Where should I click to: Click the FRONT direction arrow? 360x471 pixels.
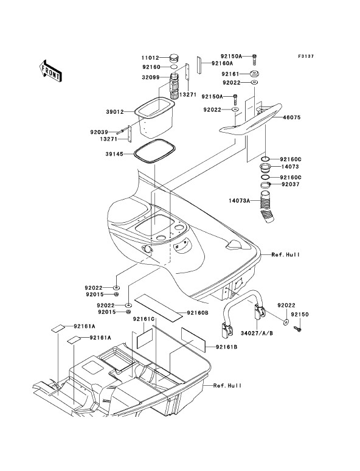click(x=50, y=71)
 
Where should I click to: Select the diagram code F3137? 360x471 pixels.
click(x=306, y=56)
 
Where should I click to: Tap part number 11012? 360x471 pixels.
click(x=150, y=57)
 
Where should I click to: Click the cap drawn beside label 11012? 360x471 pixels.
click(x=175, y=57)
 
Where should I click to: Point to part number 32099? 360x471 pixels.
click(x=150, y=77)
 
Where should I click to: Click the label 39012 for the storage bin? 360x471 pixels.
click(x=115, y=112)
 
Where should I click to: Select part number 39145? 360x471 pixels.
click(x=114, y=154)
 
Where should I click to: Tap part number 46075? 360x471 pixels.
click(x=291, y=117)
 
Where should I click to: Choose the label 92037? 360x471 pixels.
click(x=290, y=184)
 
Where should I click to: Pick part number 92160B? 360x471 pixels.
click(x=197, y=313)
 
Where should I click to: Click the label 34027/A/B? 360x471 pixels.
click(x=257, y=333)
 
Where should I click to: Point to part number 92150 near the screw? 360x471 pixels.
click(x=300, y=315)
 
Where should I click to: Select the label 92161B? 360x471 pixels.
click(x=227, y=347)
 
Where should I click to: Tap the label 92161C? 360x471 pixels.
click(x=144, y=319)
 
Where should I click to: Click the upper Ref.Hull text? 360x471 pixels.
click(x=286, y=255)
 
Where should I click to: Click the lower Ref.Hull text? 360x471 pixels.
click(x=227, y=385)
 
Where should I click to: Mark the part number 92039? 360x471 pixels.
click(x=99, y=132)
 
